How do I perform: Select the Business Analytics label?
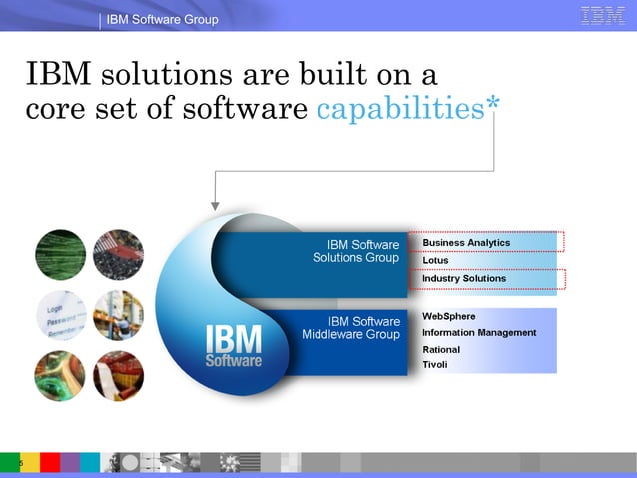click(466, 243)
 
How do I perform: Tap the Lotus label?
click(436, 261)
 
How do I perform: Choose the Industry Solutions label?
click(464, 278)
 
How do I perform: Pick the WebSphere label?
click(449, 316)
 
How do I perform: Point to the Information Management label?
click(479, 333)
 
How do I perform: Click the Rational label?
click(441, 350)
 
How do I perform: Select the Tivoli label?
click(435, 365)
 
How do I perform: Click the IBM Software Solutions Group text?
click(356, 251)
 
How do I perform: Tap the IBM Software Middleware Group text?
click(351, 328)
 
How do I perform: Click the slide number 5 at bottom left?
click(7, 463)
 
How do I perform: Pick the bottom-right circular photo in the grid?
click(118, 376)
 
